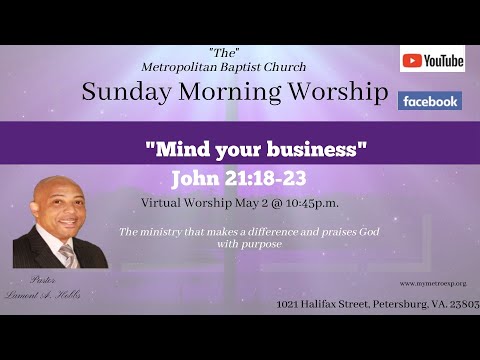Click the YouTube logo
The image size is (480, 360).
tap(432, 60)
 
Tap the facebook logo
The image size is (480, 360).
tap(430, 101)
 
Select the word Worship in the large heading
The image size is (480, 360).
tap(335, 94)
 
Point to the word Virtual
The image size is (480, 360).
tap(164, 203)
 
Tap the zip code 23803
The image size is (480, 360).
tap(458, 303)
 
